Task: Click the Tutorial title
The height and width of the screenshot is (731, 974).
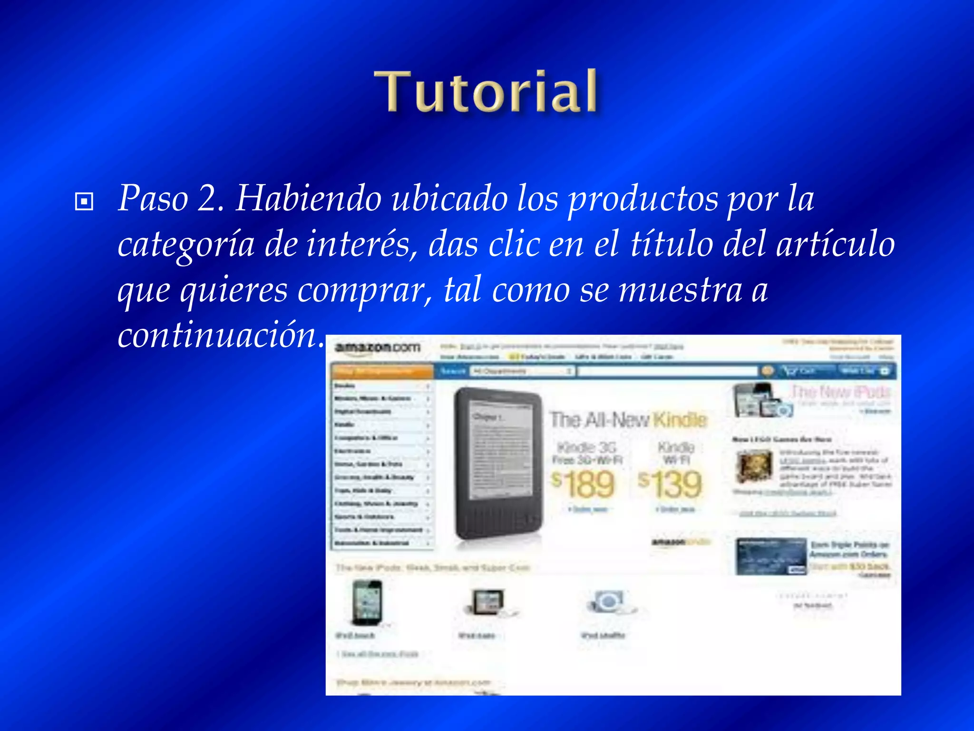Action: pos(486,91)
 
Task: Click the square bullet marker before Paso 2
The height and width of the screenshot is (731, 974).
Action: pos(84,201)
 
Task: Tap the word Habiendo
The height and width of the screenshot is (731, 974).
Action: pos(309,198)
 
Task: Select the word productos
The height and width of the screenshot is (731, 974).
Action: pos(643,199)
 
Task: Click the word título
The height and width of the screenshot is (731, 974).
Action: pos(672,244)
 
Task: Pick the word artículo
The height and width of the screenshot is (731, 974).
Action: pos(836,244)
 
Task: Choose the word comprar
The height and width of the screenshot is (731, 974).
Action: pos(365,290)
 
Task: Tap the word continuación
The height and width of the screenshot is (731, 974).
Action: pos(218,336)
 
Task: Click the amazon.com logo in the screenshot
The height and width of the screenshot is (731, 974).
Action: pos(378,347)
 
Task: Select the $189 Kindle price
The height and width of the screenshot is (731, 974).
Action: pos(584,484)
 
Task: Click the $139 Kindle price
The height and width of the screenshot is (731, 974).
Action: pos(671,484)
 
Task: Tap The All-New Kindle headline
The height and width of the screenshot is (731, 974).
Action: pos(628,419)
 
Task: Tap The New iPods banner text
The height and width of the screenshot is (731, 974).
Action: pos(840,392)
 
